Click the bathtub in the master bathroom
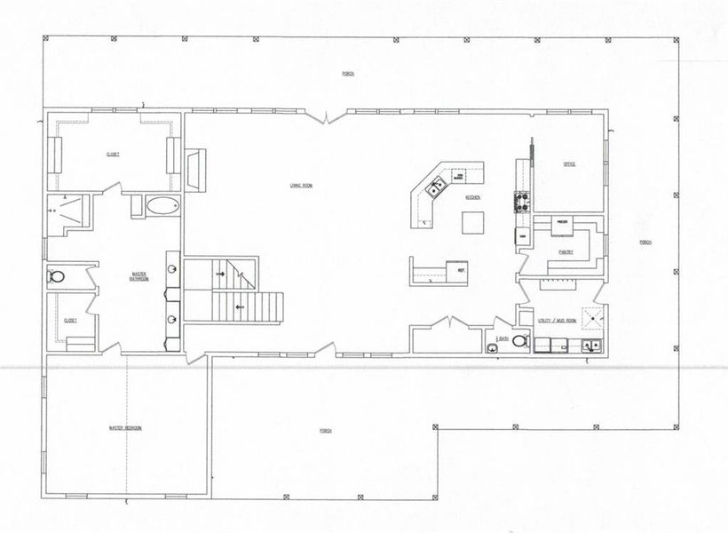coord(162,206)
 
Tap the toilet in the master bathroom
coord(57,277)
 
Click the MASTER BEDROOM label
coord(124,428)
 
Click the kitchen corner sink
coord(436,187)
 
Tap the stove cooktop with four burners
coord(521,202)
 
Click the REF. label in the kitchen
coord(462,268)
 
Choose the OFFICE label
coord(570,164)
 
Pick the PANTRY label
coord(566,252)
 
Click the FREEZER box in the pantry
coord(562,222)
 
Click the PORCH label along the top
coord(349,73)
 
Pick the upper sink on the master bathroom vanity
coord(170,269)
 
